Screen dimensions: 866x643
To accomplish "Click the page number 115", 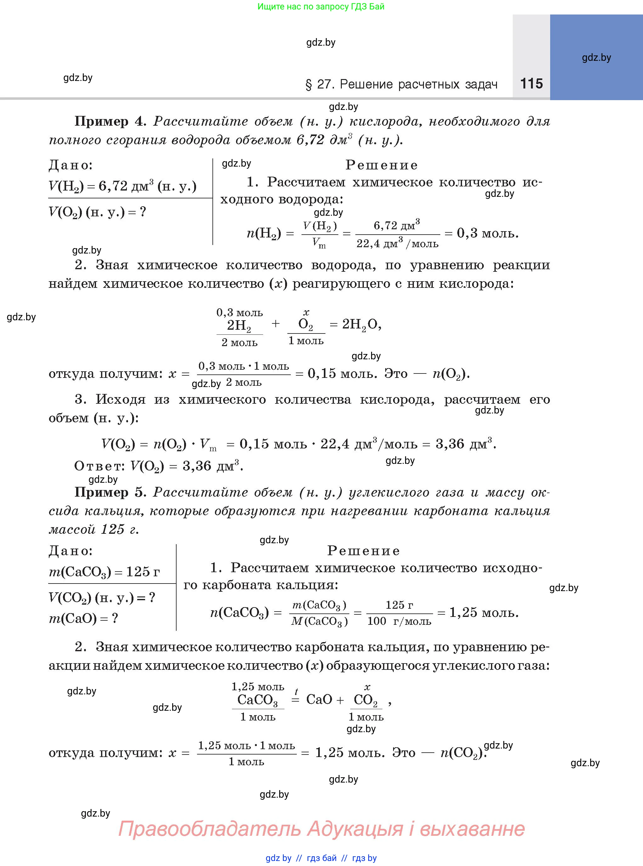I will click(531, 83).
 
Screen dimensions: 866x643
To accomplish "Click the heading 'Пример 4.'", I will click(110, 122).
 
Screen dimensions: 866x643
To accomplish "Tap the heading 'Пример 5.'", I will click(110, 492).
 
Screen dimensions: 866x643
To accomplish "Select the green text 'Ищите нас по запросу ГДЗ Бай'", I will click(321, 7).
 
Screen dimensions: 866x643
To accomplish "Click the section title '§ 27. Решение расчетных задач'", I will click(401, 84).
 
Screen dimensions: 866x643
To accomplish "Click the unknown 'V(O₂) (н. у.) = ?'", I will click(97, 212).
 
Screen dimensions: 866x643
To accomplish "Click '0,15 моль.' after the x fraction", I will click(342, 374).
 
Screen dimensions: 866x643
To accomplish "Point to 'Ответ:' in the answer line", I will click(99, 466).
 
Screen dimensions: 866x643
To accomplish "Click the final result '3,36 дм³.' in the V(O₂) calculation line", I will click(465, 444).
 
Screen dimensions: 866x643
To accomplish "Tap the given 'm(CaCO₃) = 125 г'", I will click(104, 572).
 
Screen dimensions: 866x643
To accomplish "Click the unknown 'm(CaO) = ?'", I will click(83, 618).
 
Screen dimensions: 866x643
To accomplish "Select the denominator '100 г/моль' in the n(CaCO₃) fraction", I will click(399, 621).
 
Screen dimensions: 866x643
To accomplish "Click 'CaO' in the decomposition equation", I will click(319, 700).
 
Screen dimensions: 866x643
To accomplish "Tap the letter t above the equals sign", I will click(296, 692).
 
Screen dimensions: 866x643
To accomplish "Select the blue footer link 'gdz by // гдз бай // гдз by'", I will click(321, 858).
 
